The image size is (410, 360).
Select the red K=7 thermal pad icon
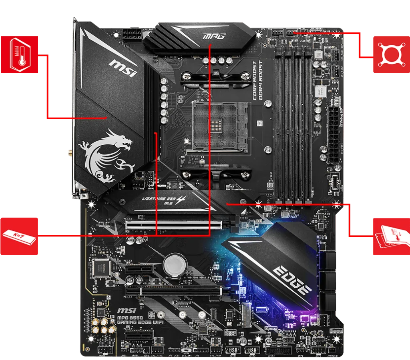(19, 236)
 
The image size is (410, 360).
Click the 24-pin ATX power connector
(335, 132)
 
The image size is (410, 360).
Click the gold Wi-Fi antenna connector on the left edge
(69, 152)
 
